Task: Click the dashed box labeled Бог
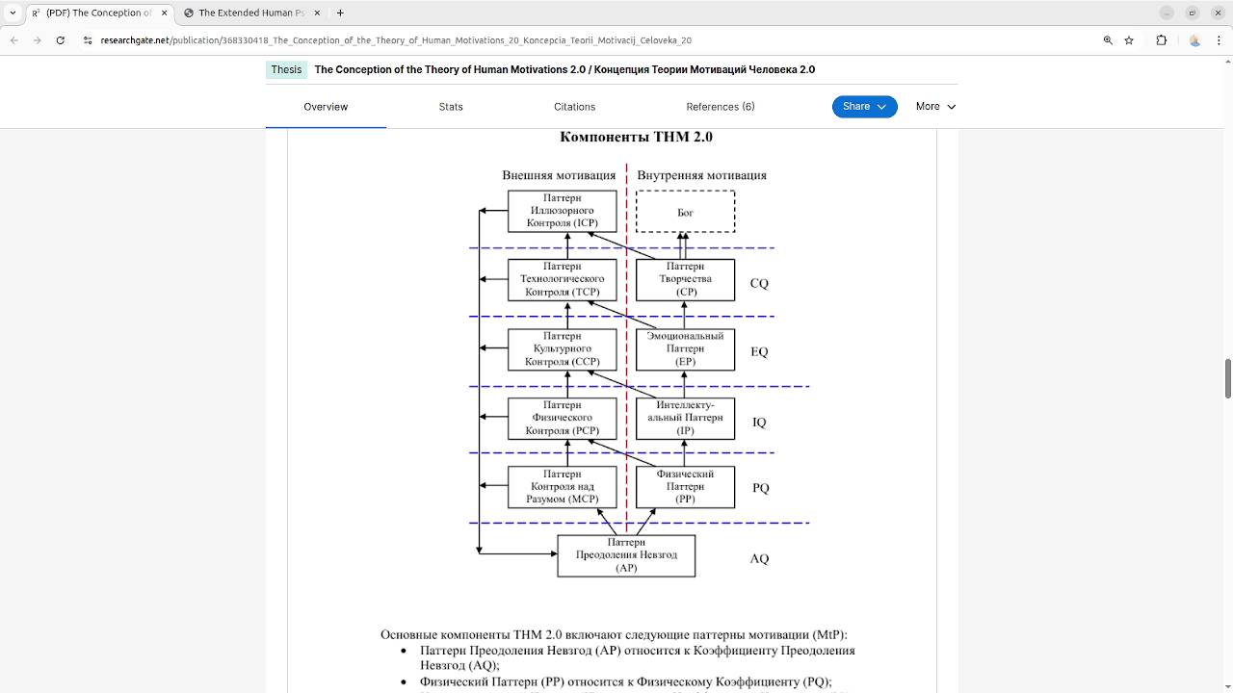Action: (x=685, y=212)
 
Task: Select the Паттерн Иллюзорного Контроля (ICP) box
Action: (x=563, y=211)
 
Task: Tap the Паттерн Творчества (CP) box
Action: (x=685, y=279)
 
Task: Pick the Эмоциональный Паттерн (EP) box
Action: (x=685, y=349)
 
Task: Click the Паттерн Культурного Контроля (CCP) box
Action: (x=563, y=349)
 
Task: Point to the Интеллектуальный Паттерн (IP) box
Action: (x=685, y=419)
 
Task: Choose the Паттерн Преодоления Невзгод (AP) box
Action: (x=626, y=555)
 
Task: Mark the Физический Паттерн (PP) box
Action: (x=685, y=487)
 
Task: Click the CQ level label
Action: (x=759, y=284)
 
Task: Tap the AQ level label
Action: (x=759, y=559)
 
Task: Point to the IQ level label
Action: (x=759, y=423)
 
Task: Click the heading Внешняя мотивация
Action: (x=559, y=175)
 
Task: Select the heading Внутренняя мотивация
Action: (x=701, y=175)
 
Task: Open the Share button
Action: (x=864, y=107)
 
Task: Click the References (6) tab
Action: (x=721, y=107)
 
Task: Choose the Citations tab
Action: (x=574, y=107)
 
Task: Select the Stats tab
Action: (x=451, y=107)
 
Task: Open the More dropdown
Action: (x=935, y=107)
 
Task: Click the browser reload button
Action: (x=61, y=40)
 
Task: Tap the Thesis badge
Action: (x=286, y=69)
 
